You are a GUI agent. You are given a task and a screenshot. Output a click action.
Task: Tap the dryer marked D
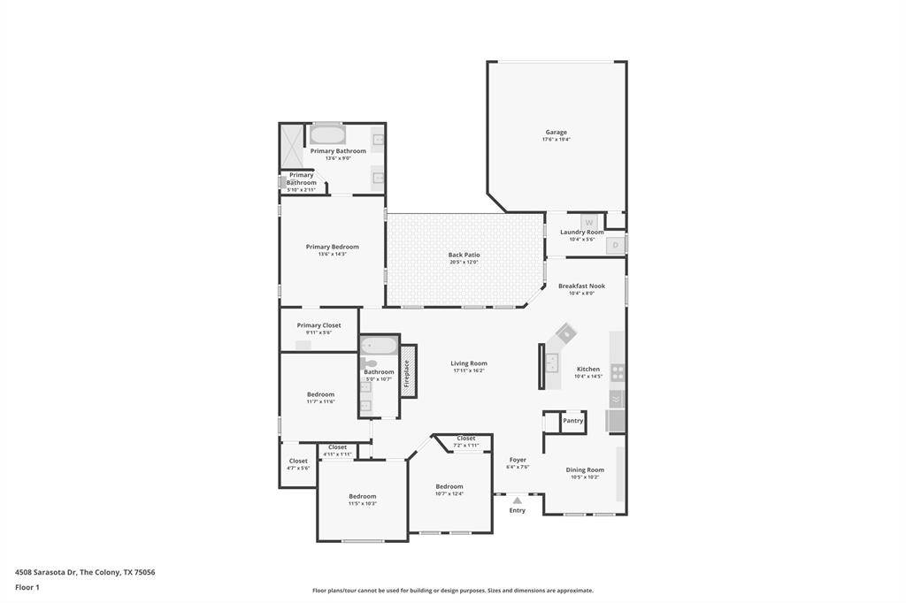click(616, 244)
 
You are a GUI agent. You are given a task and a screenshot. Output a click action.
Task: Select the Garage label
click(556, 133)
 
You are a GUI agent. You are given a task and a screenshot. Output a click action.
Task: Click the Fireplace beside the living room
click(407, 372)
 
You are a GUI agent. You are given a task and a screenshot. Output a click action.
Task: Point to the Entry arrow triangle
click(518, 500)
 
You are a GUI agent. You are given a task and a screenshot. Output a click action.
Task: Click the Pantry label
click(573, 421)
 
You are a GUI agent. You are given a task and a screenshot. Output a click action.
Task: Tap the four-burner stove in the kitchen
click(618, 372)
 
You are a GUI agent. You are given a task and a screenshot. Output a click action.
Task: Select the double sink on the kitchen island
click(552, 362)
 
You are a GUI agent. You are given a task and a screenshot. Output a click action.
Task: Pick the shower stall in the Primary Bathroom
click(291, 143)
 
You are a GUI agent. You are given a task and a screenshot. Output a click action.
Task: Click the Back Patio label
click(464, 255)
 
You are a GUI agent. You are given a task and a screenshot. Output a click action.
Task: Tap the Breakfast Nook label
click(581, 286)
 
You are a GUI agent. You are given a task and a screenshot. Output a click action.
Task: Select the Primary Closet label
click(319, 325)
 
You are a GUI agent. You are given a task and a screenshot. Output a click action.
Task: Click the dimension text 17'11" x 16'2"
click(468, 371)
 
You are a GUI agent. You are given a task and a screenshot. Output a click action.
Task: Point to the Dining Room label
click(585, 470)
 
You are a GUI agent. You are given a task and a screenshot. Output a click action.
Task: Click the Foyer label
click(518, 460)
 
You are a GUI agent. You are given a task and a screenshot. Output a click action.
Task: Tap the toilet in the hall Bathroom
click(369, 363)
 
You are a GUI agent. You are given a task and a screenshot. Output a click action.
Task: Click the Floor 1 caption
click(27, 587)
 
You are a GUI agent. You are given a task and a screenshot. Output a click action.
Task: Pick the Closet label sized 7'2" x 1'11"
click(466, 439)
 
